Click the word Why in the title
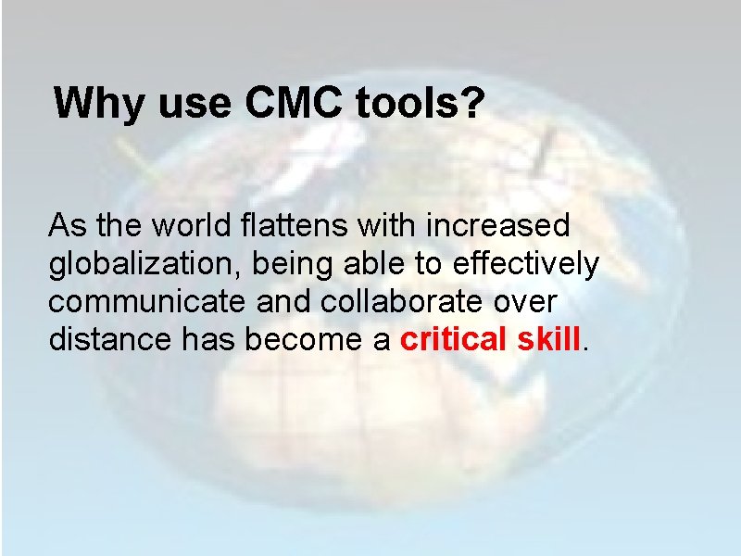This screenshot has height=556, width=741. pos(98,104)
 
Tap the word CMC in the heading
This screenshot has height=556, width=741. pos(291,104)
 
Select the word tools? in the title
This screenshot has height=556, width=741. pos(417,104)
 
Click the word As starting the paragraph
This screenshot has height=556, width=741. pos(65,225)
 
